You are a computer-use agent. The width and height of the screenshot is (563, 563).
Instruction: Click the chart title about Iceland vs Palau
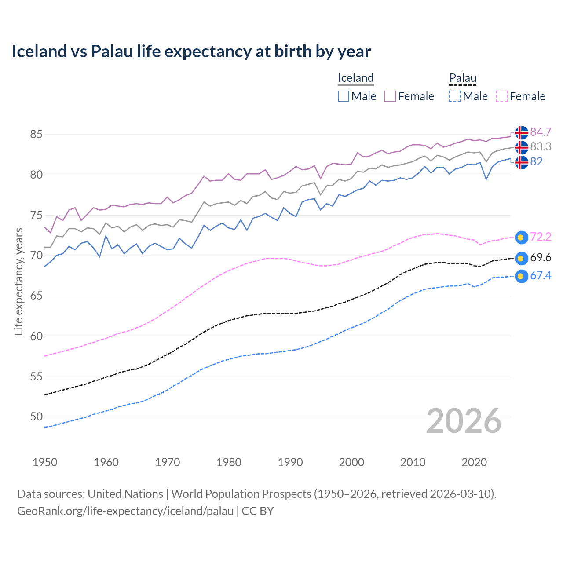click(x=191, y=51)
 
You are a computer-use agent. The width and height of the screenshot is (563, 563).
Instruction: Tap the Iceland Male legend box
click(x=344, y=96)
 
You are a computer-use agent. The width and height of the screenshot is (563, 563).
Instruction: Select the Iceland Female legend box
click(x=390, y=96)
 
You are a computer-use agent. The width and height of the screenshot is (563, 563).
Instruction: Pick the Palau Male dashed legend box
click(x=455, y=96)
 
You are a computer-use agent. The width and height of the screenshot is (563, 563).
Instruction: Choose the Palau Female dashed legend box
click(x=501, y=96)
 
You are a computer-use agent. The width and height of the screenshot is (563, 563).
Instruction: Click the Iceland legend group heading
click(x=355, y=78)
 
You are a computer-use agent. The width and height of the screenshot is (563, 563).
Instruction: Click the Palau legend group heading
click(x=463, y=78)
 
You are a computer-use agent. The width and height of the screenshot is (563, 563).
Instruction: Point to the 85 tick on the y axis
click(x=37, y=134)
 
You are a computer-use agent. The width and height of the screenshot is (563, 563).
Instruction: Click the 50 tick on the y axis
click(x=37, y=417)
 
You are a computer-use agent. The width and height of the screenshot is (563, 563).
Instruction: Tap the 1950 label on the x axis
click(x=45, y=462)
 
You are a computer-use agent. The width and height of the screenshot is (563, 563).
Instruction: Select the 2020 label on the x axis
click(x=474, y=462)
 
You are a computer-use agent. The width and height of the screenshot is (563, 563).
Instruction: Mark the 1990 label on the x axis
click(x=290, y=462)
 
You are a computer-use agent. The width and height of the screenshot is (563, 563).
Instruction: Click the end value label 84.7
click(x=541, y=132)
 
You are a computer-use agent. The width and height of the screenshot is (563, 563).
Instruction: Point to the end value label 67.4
click(x=541, y=276)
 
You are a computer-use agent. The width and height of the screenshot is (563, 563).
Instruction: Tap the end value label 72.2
click(x=541, y=237)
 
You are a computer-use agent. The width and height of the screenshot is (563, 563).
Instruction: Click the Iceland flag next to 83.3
click(x=522, y=147)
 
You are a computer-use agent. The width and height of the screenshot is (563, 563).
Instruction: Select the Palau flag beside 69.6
click(x=522, y=258)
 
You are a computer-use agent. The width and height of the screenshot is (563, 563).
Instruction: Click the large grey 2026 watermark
click(x=464, y=421)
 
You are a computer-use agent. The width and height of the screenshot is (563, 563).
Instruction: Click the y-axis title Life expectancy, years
click(x=19, y=281)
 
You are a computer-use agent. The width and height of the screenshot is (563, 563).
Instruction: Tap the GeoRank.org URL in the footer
click(x=125, y=511)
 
